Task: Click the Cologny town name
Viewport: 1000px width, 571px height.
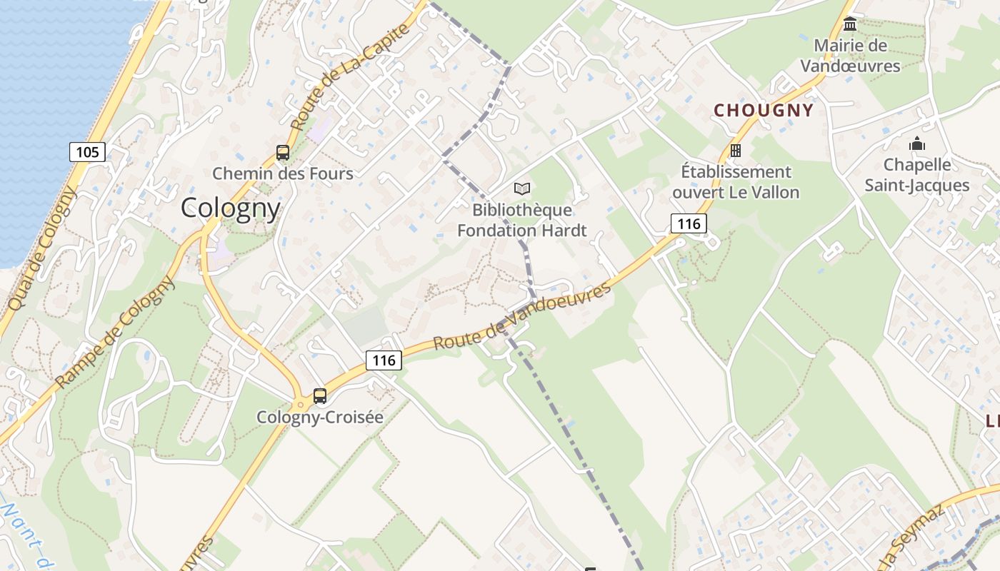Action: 230,208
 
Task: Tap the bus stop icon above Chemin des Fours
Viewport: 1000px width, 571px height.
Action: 283,152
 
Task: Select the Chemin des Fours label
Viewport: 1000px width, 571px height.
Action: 283,173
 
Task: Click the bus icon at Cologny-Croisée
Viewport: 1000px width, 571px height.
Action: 320,395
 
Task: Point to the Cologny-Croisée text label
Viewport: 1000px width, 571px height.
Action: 320,417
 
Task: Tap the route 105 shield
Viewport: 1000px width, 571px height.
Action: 87,151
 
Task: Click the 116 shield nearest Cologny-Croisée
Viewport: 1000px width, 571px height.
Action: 384,360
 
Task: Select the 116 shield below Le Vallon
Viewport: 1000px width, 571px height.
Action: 689,223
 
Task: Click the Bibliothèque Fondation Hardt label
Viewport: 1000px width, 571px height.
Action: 522,220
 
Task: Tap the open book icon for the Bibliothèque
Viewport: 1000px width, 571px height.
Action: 522,188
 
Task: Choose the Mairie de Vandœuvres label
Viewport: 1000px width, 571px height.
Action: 850,56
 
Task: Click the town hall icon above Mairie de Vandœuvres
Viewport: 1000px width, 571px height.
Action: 850,25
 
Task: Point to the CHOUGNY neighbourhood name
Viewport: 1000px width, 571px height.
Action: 764,110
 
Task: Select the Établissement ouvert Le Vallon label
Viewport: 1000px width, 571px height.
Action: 736,182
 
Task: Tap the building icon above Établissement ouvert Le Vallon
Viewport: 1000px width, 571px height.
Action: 736,150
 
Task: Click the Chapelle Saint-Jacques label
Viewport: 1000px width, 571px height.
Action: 917,175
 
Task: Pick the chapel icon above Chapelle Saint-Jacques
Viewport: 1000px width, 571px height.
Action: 917,144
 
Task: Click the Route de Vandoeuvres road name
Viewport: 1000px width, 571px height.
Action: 523,315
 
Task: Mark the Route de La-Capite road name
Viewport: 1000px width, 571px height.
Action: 351,76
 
